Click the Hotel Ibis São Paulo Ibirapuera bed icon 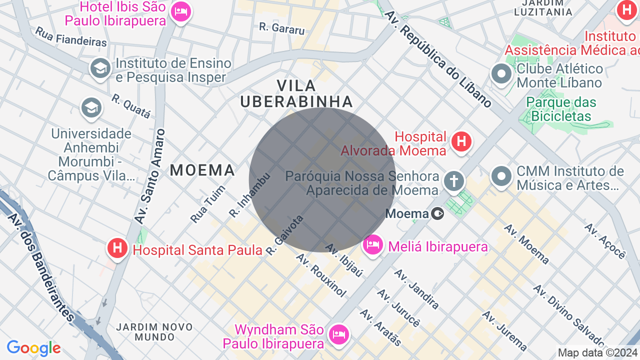(180, 11)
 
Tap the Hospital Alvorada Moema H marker (461, 142)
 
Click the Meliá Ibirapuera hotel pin (373, 245)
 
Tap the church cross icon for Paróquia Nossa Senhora (453, 181)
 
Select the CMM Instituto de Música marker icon (501, 176)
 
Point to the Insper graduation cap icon (100, 68)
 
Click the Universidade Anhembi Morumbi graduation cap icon (91, 107)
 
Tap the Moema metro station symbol (437, 214)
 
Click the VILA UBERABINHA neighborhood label (296, 93)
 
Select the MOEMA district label (202, 170)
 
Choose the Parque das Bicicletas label (561, 109)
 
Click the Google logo (33, 348)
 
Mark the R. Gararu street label (282, 28)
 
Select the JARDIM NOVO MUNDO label (154, 332)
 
